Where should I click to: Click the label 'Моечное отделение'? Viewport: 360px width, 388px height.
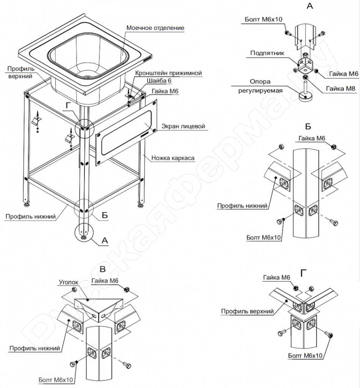coord(156,28)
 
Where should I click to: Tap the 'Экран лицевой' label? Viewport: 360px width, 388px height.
coord(183,126)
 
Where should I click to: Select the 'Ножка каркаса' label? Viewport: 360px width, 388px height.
coord(173,158)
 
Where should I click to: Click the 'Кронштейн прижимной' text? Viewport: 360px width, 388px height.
coord(168,73)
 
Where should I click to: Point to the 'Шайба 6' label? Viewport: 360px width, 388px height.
coord(159,81)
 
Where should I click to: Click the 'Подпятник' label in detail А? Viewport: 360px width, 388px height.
coord(267,53)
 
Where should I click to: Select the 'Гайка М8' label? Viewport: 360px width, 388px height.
coord(341,88)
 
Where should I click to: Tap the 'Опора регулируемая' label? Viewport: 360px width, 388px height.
coord(260,86)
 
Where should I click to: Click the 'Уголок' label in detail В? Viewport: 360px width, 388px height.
coord(69,282)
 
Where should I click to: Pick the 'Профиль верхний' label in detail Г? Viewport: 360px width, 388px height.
coord(247,311)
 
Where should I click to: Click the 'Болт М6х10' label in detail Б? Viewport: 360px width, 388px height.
coord(264,238)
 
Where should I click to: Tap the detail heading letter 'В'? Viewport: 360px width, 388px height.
coord(102,269)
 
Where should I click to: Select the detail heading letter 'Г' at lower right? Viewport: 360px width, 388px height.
coord(303,273)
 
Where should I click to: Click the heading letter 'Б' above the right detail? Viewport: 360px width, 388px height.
coord(308,127)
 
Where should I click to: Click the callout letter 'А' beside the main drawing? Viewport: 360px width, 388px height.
coord(105,240)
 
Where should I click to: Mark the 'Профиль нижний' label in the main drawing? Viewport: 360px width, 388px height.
coord(30,217)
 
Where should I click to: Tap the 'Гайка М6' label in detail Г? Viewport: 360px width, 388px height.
coord(277,278)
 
